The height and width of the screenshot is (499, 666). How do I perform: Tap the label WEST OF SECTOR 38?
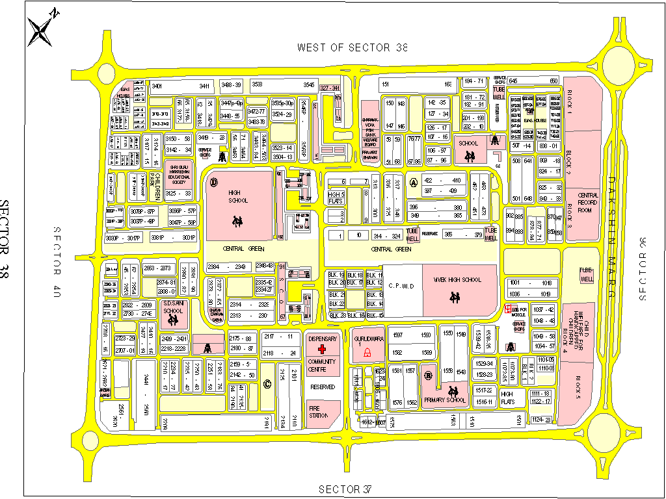(x=353, y=47)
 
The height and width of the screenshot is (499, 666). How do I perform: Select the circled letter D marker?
(x=214, y=181)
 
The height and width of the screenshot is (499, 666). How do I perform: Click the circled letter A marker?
(x=413, y=183)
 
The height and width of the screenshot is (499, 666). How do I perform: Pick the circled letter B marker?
(x=429, y=376)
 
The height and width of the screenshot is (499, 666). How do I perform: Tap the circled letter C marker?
(x=267, y=384)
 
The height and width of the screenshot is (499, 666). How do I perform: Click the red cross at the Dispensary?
(x=322, y=350)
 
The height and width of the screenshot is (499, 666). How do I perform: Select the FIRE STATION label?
(x=319, y=411)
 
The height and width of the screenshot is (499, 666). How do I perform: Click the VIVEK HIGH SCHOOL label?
(x=458, y=279)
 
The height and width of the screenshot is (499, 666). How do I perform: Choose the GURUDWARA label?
(x=367, y=339)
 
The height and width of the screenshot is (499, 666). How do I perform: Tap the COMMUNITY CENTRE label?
(x=322, y=365)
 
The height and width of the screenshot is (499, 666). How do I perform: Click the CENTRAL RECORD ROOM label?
(x=588, y=203)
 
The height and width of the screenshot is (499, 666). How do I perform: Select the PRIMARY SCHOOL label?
(x=445, y=400)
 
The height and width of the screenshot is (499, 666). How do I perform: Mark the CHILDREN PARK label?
(x=155, y=186)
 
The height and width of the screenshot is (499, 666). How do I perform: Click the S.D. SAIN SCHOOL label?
(x=173, y=307)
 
